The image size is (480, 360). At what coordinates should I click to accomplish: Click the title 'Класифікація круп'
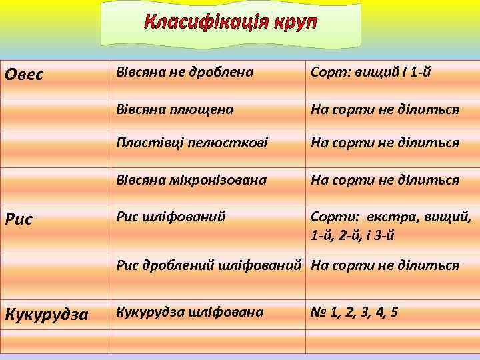pos(231,23)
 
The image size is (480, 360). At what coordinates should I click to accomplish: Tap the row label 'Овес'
pos(24,74)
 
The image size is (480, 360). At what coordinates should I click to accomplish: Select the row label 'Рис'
pos(19,219)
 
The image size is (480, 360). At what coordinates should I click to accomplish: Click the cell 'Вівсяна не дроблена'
pos(185,73)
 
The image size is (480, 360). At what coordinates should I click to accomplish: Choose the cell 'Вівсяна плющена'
pos(175,109)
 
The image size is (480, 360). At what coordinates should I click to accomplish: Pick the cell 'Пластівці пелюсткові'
pos(187,143)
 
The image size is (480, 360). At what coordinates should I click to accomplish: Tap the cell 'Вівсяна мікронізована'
pos(191,180)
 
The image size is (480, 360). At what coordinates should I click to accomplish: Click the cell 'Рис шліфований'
pos(171,216)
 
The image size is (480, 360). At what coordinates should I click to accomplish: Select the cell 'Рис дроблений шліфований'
pos(209,265)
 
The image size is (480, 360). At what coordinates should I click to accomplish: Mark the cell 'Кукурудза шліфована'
pos(189,311)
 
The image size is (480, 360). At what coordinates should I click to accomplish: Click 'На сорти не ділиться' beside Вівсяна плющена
pos(385,109)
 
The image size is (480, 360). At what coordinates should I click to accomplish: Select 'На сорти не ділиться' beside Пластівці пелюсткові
pos(385,143)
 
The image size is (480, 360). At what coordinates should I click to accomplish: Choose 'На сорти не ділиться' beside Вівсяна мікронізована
pos(385,180)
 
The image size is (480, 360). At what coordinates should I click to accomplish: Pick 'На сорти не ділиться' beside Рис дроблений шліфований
pos(385,265)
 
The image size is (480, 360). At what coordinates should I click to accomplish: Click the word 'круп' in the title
pos(293,23)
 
